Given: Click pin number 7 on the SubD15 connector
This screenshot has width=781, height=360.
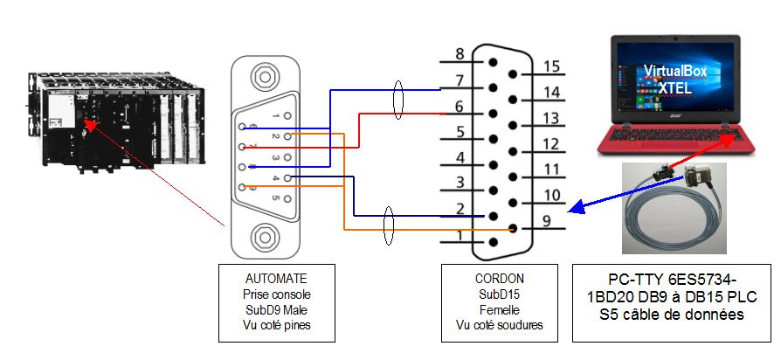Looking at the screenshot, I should (x=494, y=87).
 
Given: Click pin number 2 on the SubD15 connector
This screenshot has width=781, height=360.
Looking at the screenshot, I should (x=494, y=216).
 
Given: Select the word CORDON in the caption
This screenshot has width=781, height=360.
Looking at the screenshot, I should (x=499, y=279).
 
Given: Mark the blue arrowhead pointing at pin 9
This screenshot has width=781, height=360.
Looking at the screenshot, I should (x=573, y=209).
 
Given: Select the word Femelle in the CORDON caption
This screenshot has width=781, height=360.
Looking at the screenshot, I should (x=499, y=309).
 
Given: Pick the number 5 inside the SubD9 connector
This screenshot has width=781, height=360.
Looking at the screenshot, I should (x=276, y=198).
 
